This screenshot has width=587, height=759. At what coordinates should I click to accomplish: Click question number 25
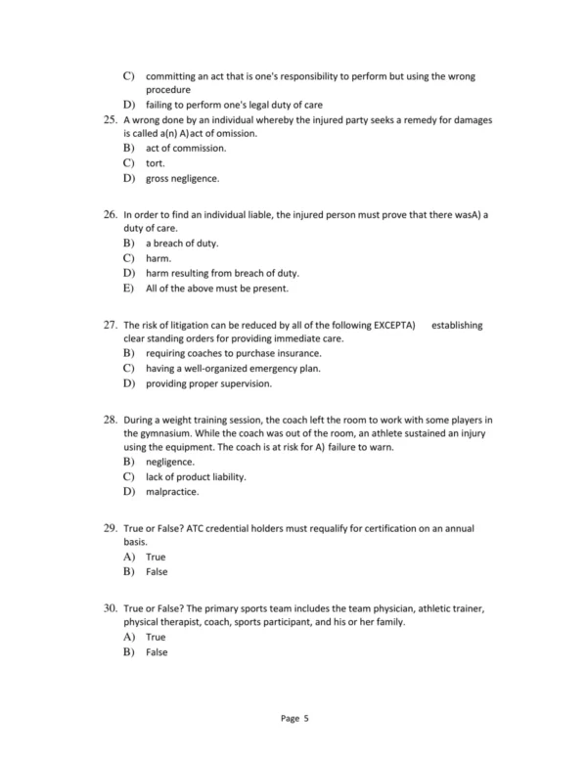click(109, 120)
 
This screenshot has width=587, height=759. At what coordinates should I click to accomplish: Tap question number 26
click(109, 213)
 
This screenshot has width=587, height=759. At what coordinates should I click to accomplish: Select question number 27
click(109, 325)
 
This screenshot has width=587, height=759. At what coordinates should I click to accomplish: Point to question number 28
click(109, 419)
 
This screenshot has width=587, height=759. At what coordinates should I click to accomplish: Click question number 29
click(109, 529)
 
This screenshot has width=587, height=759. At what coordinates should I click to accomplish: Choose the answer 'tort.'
click(156, 163)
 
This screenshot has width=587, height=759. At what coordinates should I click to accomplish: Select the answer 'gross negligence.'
click(183, 179)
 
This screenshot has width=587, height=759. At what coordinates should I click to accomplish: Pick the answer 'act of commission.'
click(186, 148)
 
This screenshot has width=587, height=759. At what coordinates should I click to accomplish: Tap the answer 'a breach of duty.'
click(182, 242)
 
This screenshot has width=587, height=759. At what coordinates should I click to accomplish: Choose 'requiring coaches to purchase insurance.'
click(233, 352)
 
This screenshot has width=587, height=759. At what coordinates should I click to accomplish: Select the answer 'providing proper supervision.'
click(208, 383)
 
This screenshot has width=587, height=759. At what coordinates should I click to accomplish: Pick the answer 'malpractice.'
click(172, 492)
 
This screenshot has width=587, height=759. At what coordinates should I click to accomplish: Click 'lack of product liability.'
click(196, 476)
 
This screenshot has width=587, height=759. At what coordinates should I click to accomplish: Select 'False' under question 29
click(157, 571)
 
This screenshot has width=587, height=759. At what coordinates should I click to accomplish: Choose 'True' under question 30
click(156, 637)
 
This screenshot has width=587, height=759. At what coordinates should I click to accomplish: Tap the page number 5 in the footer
click(305, 718)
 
